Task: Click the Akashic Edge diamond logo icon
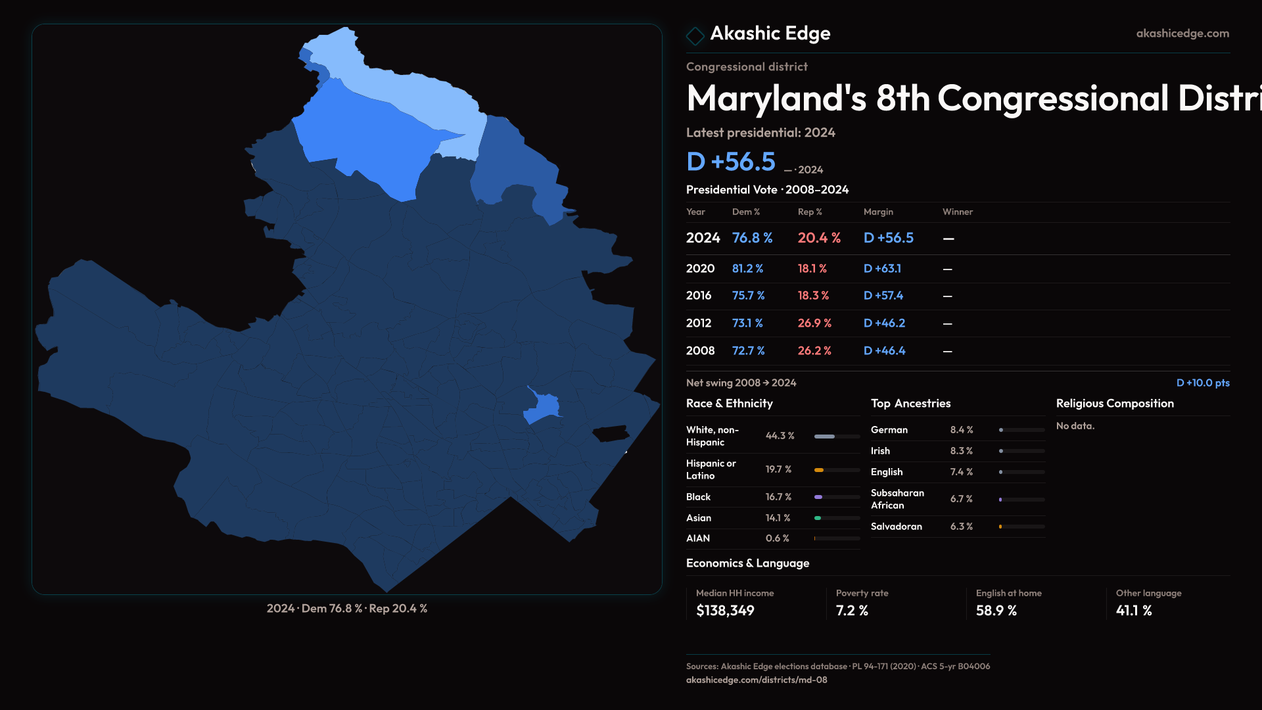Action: [695, 35]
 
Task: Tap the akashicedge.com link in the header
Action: [1182, 34]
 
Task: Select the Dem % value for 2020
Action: [747, 269]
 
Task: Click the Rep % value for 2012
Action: [814, 323]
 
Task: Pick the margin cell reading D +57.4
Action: [883, 296]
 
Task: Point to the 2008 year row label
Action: [700, 351]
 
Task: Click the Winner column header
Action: [957, 212]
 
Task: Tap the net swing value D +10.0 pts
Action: [1202, 383]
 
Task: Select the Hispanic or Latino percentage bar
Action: [837, 470]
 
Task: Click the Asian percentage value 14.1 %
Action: [778, 518]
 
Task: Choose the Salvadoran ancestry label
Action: [896, 527]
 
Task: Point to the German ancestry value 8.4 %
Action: [961, 430]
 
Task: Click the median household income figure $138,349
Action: [725, 611]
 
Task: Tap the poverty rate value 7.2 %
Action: [852, 611]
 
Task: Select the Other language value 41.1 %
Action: [1133, 611]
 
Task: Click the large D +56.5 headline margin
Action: [730, 162]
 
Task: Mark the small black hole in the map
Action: [611, 434]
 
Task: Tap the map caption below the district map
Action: [346, 609]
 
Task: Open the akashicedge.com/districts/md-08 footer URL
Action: [756, 680]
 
